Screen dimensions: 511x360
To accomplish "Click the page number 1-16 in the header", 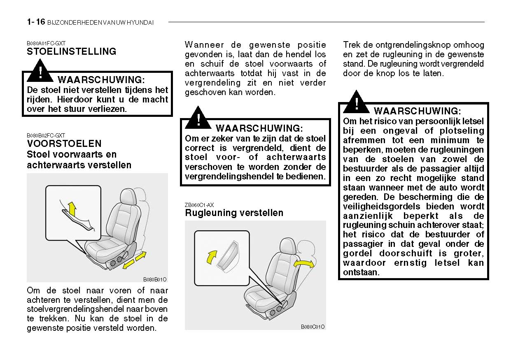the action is pos(36,22).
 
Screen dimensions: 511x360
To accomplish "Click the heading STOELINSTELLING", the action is pos(71,51).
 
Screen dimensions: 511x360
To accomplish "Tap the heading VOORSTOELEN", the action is pos(64,144).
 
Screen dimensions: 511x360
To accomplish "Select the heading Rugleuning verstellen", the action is pos(234,213).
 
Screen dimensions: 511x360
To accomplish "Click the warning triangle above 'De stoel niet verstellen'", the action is pos(40,71).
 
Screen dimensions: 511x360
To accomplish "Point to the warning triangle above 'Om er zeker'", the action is pos(198,118).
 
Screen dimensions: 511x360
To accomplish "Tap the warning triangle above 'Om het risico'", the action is pos(356,102).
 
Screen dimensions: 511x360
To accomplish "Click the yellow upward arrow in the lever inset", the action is pos(72,209).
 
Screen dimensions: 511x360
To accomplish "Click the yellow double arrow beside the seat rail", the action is pos(134,260).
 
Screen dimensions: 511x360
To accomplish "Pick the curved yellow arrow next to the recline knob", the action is pos(211,257).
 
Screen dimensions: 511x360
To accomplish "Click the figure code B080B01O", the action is pos(155,279).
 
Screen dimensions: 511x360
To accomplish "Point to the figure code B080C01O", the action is pos(313,327).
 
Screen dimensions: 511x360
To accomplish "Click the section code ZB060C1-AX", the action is pos(199,205).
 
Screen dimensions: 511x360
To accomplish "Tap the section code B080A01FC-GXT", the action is pos(46,43).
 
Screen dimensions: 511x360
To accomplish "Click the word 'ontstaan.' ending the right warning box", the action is pos(361,272).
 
